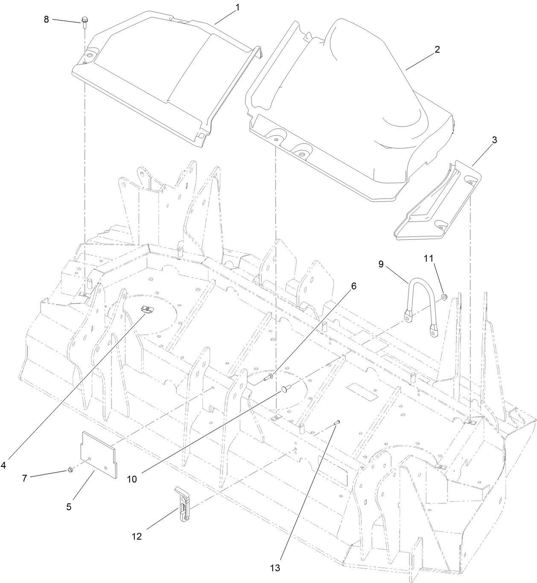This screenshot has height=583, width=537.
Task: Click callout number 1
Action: tap(238, 8)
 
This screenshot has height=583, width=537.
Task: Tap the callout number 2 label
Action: tap(437, 50)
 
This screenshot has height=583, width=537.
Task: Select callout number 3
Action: tap(494, 140)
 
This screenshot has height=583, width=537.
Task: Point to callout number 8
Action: tap(47, 19)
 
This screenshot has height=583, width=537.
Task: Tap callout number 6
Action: tap(353, 287)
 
